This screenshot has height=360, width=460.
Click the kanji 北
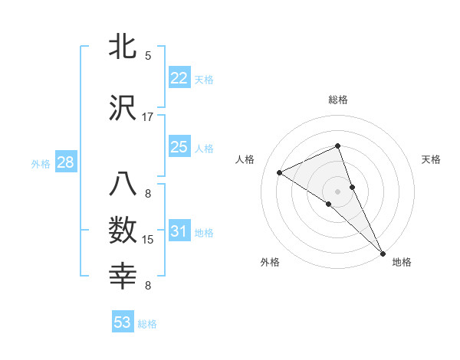click(x=123, y=47)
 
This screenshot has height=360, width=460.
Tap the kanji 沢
click(x=123, y=109)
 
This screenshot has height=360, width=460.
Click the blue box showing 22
click(x=179, y=78)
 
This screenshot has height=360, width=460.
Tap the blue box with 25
click(x=179, y=147)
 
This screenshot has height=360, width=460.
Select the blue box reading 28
click(x=64, y=162)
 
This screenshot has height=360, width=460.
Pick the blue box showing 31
click(x=179, y=231)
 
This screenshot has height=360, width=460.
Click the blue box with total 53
click(x=123, y=322)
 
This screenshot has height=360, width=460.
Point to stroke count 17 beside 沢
click(x=148, y=117)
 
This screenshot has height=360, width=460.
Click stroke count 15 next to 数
click(x=148, y=240)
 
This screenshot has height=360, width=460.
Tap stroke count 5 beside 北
click(x=148, y=56)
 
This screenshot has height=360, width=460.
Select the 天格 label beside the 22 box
click(x=203, y=79)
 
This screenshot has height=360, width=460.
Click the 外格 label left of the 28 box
click(x=41, y=163)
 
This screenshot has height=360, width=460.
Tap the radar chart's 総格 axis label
click(x=337, y=100)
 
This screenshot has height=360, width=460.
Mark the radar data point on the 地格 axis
click(x=383, y=252)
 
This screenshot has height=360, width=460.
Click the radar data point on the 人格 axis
click(x=280, y=172)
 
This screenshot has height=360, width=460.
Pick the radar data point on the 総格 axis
click(x=337, y=146)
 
